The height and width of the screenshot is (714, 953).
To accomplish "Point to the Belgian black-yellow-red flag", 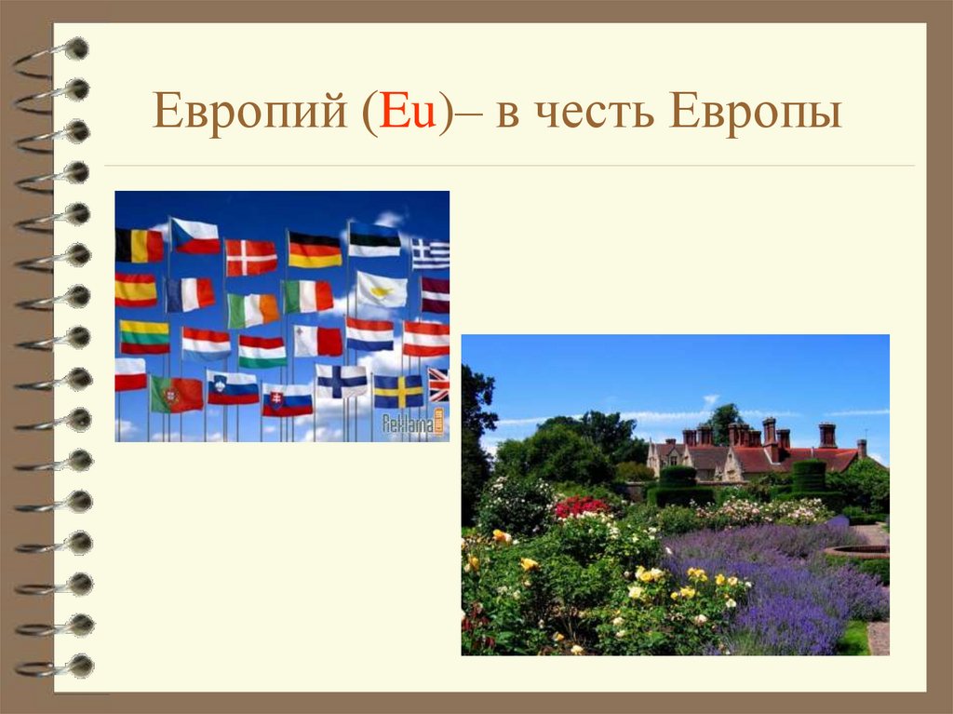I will tap(140, 245).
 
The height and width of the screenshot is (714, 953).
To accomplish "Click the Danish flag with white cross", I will tap(251, 257).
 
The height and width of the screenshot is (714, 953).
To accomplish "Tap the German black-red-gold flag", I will tap(315, 249).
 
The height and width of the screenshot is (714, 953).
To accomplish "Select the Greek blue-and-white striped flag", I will tap(431, 253).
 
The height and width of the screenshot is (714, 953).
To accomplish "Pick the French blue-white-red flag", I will tap(191, 294).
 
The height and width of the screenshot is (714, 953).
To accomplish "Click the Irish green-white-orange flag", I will tap(252, 310).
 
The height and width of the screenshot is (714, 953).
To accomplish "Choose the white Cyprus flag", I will tap(382, 290).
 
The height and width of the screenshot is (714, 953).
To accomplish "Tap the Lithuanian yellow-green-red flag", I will tap(144, 336).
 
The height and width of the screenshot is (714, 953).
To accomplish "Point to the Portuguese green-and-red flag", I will tap(177, 394).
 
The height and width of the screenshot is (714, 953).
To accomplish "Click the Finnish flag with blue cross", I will tap(341, 381).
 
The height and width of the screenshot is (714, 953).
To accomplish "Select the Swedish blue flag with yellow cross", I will tap(398, 391).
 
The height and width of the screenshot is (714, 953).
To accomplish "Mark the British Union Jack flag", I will tap(438, 384).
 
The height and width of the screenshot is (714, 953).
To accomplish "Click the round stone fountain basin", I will tap(857, 552).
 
